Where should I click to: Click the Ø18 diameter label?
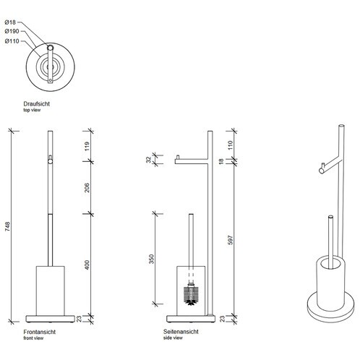(x=10, y=22)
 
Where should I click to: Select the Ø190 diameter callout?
(x=12, y=31)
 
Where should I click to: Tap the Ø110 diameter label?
(x=12, y=41)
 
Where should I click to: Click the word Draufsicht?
(x=36, y=104)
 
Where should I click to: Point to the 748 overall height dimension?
(x=8, y=226)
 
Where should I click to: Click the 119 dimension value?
(x=87, y=146)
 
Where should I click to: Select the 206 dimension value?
(x=87, y=188)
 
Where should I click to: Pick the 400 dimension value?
(x=87, y=265)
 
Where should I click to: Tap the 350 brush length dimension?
(x=151, y=259)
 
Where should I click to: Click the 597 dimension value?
(x=231, y=240)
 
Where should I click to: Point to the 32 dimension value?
(x=148, y=160)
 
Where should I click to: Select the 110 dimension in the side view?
(x=230, y=145)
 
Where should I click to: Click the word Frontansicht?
(x=40, y=332)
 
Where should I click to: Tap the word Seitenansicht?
(x=181, y=332)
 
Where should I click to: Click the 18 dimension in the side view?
(x=221, y=161)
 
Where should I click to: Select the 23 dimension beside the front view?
(x=80, y=319)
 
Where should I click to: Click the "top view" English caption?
(x=32, y=110)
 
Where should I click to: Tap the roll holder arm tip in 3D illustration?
(x=322, y=171)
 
